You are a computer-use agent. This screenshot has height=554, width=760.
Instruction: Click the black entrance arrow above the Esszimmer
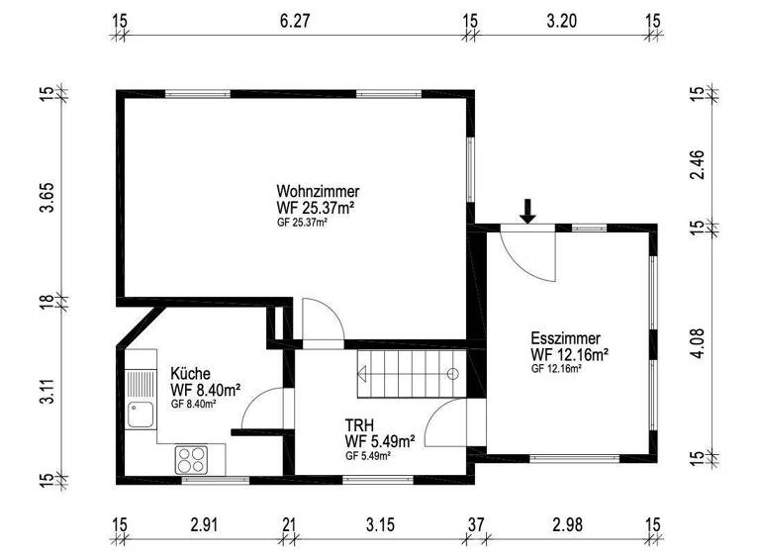click(528, 210)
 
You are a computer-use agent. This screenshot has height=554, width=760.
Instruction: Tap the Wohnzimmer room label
click(318, 191)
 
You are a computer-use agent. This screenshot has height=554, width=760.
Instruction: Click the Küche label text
click(189, 374)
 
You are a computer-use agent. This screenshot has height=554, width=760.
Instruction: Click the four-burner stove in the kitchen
click(191, 459)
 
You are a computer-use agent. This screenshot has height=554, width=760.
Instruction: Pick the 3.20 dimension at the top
click(562, 19)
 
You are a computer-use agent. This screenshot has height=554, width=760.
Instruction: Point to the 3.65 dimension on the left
click(45, 196)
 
